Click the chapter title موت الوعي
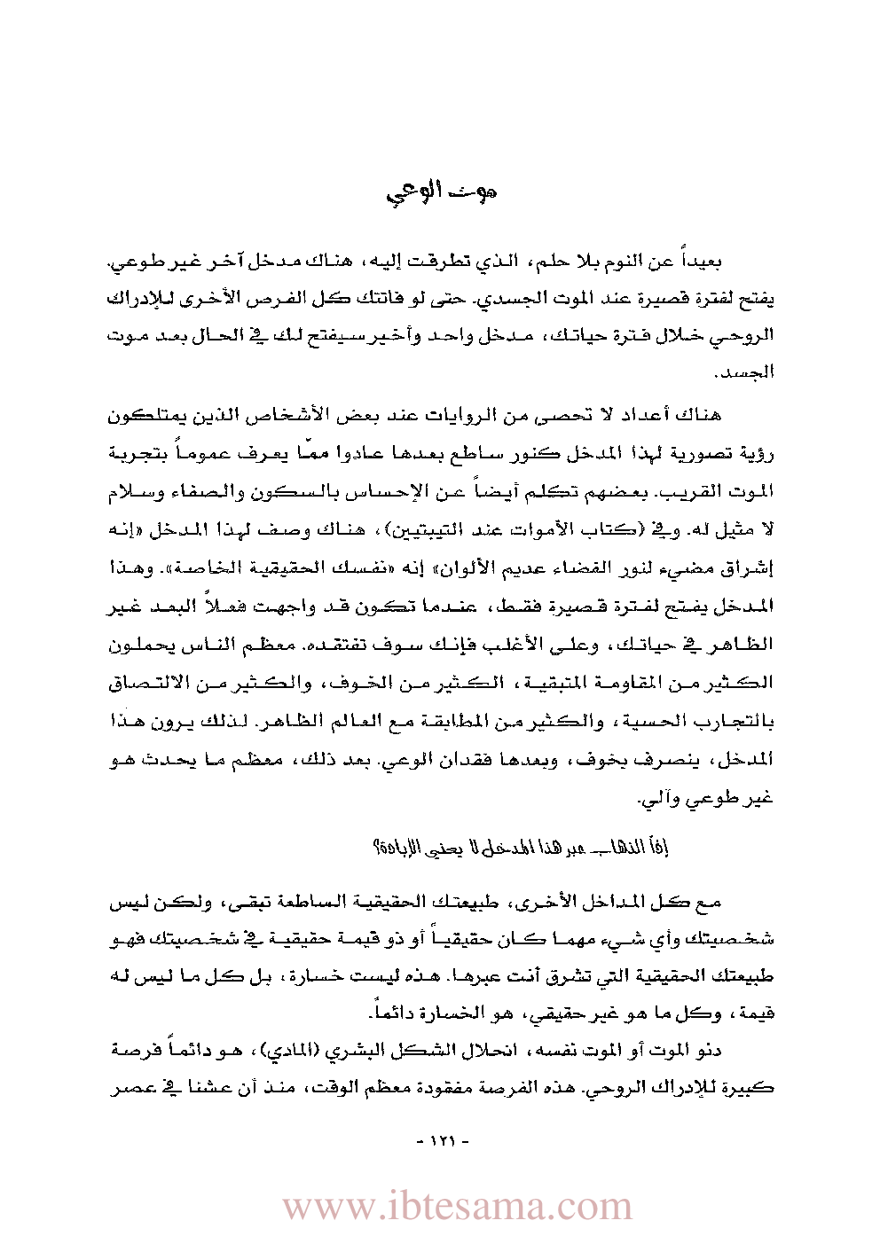441,192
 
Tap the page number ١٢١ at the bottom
441,1141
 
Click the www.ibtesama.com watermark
458,1207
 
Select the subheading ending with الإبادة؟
520,849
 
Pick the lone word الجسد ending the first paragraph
751,372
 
